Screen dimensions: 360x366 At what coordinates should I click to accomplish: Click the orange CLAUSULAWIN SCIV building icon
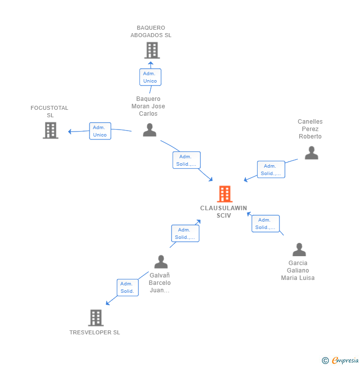point(225,194)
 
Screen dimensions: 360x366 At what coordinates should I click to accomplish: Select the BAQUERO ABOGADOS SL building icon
point(152,50)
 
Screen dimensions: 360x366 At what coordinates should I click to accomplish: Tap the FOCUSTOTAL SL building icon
point(50,131)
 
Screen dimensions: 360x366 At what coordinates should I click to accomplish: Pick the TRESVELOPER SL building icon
point(96,318)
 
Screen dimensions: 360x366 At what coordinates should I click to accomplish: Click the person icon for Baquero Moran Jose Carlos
point(149,130)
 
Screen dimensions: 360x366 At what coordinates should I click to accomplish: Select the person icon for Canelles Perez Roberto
point(312,153)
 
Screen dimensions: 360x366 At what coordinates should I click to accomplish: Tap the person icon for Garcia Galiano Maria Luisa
point(299,249)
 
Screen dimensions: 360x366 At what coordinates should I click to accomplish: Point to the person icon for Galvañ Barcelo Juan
point(161,262)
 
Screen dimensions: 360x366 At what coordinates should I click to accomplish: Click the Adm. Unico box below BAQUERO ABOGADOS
point(150,77)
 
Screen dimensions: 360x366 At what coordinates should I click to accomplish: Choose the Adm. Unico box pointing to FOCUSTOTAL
point(100,131)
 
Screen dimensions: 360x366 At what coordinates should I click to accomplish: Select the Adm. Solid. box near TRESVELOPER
point(128,287)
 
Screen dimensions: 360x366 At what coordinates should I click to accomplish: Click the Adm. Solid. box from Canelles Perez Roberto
point(271,170)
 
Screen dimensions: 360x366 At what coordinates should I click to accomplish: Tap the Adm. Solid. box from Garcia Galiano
point(266,224)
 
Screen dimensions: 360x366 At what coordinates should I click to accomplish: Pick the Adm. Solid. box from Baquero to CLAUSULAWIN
point(186,160)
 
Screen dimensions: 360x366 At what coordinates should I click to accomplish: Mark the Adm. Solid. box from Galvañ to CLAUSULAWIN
point(185,233)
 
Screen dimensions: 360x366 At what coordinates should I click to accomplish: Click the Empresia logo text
point(345,360)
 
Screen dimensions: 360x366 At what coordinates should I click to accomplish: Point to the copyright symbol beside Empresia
point(325,361)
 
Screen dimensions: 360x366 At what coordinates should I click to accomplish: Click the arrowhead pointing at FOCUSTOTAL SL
point(70,132)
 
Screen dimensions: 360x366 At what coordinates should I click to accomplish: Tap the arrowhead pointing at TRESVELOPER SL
point(108,303)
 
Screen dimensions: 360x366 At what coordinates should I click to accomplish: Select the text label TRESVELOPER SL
point(95,332)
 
